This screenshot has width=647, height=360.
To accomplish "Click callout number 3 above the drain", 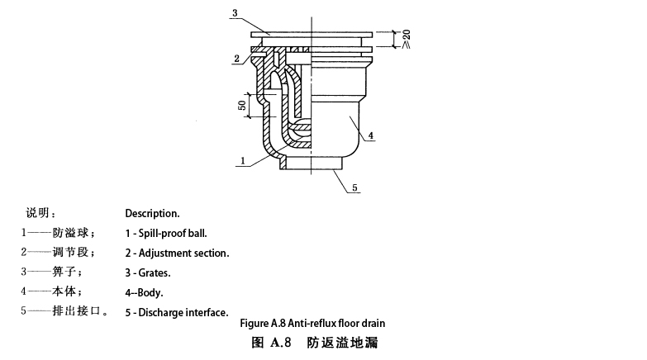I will point(235,14).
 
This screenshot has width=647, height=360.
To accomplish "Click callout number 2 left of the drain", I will point(236,58).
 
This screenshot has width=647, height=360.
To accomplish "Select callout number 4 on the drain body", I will point(371,135).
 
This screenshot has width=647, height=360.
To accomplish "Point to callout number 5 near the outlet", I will point(354,188).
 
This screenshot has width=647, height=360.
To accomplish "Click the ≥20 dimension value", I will point(406,38).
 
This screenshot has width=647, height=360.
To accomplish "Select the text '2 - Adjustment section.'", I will point(177,253).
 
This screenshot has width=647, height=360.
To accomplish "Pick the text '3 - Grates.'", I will point(148,272).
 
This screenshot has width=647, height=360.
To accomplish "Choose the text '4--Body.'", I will point(144,292).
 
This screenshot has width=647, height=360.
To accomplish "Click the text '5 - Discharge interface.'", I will point(176,312).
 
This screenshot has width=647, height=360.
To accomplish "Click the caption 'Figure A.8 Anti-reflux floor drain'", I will point(312,323).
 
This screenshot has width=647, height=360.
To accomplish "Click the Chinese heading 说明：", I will point(42,213).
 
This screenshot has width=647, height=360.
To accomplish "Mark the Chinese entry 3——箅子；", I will point(52,272).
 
